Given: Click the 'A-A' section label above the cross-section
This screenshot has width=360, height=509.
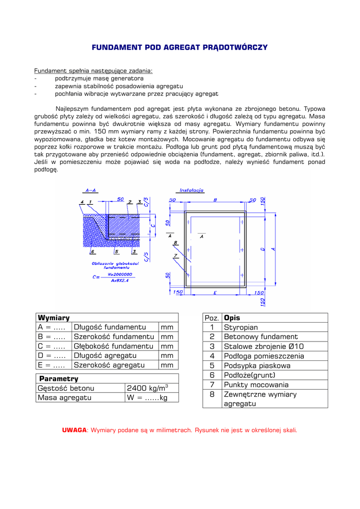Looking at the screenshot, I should coord(90,190).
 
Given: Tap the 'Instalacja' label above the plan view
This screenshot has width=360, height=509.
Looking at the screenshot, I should coord(191,190).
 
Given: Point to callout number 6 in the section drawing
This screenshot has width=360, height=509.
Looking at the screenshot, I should coord(92,252).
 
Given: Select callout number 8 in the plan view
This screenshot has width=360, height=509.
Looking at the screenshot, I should coord(175,243).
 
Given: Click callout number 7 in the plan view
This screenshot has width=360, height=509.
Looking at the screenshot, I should coord(175,255).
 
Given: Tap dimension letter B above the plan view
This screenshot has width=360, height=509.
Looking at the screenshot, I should coord(215,200).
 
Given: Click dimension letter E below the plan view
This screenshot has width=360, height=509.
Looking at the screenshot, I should coord(215,293).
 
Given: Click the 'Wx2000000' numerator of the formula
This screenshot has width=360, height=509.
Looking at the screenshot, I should coord(119,274).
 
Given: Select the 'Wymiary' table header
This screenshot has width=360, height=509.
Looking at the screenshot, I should coord(54,318).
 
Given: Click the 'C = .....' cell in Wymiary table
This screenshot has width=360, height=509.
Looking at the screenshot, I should coord(52,346).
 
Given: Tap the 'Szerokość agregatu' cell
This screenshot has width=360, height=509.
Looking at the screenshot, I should coord(109,365).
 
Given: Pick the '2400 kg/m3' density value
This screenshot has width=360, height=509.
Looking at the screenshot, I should coord(148,388).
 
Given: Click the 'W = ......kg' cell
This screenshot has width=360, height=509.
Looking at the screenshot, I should coord(147,398).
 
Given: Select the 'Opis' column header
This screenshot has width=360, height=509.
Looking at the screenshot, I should coord(232,318).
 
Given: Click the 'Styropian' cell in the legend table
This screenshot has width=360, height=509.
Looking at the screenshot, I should coord(241,328).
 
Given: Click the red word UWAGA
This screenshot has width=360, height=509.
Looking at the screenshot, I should coord(74,430).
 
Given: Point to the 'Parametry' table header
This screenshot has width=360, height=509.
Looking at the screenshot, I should coord(59,379).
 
